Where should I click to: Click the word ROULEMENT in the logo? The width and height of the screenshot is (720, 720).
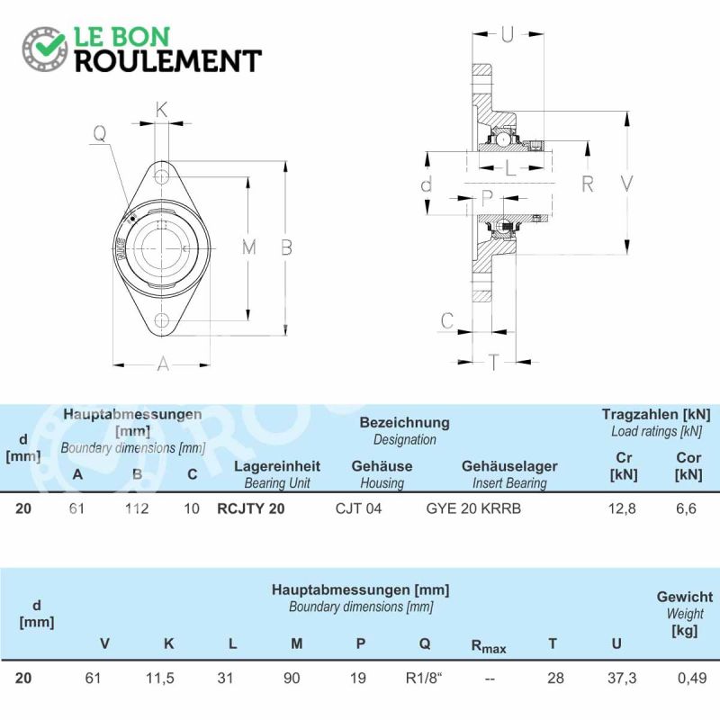168,61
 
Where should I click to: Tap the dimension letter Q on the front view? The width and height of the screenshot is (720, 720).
100,133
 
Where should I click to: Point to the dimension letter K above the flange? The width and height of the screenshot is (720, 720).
161,110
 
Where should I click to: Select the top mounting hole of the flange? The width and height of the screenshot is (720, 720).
161,176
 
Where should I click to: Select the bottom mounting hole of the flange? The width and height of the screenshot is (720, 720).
161,320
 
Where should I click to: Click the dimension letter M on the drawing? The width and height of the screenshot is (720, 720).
249,247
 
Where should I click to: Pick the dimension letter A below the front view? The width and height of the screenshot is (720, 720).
163,364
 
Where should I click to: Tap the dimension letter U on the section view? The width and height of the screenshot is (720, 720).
507,34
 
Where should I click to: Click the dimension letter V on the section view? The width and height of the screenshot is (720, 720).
626,184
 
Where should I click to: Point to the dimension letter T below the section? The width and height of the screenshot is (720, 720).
493,362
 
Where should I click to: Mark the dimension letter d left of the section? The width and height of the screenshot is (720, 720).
426,184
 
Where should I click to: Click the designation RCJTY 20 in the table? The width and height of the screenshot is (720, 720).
251,508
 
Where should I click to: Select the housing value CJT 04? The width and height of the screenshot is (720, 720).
358,508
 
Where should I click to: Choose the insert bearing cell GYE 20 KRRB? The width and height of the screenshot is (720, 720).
473,508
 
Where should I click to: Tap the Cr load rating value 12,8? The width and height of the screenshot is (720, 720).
622,508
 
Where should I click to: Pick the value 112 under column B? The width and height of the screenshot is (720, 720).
137,508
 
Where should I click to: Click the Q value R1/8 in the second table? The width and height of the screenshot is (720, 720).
423,678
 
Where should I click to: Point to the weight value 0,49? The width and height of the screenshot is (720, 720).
692,678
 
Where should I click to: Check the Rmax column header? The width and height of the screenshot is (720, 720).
489,646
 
